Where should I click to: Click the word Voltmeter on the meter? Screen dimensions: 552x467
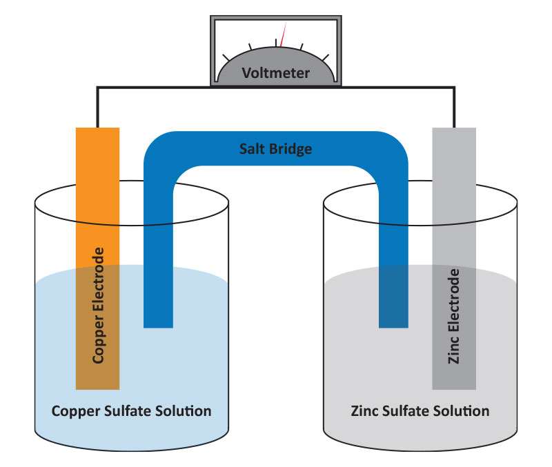275,73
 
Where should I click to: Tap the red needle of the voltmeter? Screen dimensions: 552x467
283,34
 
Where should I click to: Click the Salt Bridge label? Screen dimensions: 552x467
275,149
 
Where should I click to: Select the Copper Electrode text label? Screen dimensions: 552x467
98,306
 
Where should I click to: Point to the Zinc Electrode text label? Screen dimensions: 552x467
454,316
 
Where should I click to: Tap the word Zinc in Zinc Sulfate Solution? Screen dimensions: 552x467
364,410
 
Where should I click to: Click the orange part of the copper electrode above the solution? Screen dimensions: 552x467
97,197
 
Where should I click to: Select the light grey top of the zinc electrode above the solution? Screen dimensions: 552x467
454,197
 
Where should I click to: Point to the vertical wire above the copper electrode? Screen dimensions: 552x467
97,108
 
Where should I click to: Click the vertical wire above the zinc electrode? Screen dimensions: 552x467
454,108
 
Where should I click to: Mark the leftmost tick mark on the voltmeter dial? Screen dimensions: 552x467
226,58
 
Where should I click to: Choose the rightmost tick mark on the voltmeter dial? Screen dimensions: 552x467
326,58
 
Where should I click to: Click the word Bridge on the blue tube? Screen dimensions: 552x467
290,149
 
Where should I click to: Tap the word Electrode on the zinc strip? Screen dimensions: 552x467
454,301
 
